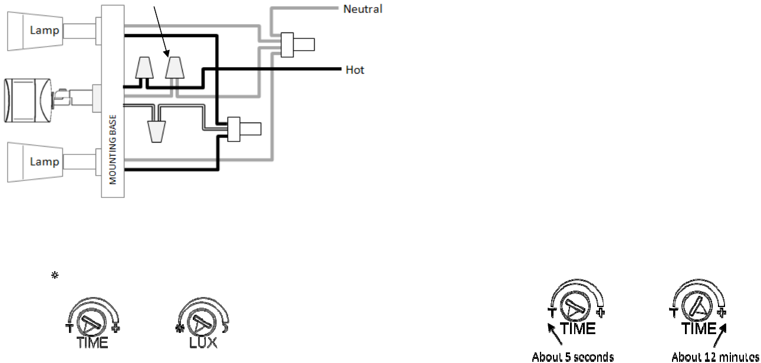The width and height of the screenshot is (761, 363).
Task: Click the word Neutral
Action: (x=363, y=9)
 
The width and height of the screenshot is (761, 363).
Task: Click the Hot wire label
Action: (x=355, y=70)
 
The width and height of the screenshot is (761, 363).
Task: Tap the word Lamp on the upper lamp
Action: (x=45, y=30)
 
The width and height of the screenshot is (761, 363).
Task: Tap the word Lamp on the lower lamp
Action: (x=45, y=161)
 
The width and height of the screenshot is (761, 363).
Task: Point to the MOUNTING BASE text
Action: (x=112, y=150)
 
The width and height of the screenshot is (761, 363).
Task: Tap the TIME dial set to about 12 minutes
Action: (x=699, y=307)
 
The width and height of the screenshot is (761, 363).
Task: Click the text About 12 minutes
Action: (x=715, y=357)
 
